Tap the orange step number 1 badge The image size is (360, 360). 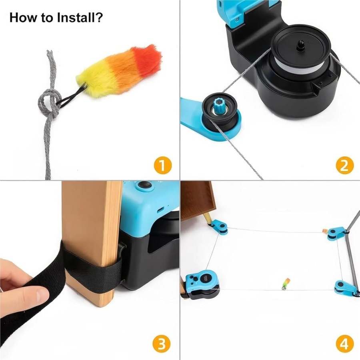[162, 165]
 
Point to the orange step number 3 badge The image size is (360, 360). [162, 344]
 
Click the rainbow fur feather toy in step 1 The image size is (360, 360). [120, 70]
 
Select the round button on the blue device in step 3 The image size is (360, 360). [145, 185]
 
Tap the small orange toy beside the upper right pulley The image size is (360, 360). [325, 231]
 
